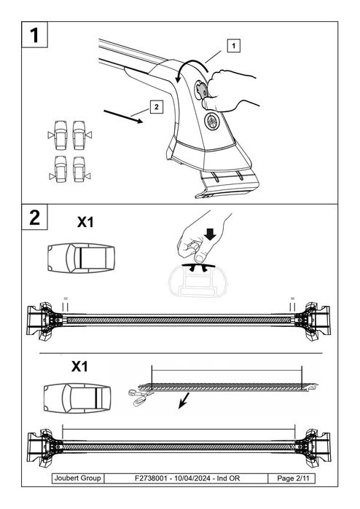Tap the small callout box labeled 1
[x=232, y=46]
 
